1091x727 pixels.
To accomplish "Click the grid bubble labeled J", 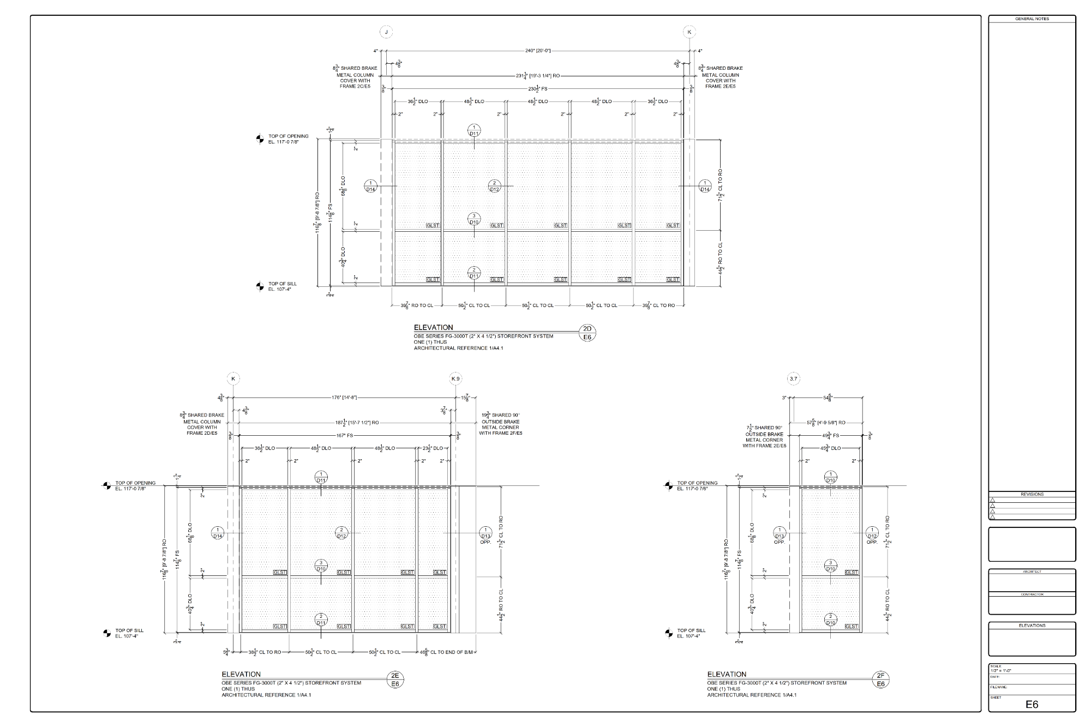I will pos(386,32).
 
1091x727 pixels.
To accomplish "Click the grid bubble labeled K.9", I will pos(456,378).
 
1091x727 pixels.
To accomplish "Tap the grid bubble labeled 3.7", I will pos(793,378).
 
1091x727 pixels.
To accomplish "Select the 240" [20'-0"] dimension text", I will pos(537,51).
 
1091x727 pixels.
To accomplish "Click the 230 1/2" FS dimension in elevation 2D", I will pos(537,88).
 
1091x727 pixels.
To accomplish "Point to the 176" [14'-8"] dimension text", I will pos(344,398).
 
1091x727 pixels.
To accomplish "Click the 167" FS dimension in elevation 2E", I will pos(344,435).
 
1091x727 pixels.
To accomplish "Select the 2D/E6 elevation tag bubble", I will pos(588,333).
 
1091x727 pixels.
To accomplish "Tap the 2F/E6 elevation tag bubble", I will pos(881,679).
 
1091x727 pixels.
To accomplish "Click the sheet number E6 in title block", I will pos(1032,704).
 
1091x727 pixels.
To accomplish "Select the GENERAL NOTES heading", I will pos(1032,19).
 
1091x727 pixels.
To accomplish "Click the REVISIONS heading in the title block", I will pos(1032,494).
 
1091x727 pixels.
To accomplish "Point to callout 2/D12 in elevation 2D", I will pos(494,187).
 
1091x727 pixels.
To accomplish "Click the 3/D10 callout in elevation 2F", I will pos(831,566).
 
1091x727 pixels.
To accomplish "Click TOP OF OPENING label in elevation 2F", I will pos(697,483).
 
